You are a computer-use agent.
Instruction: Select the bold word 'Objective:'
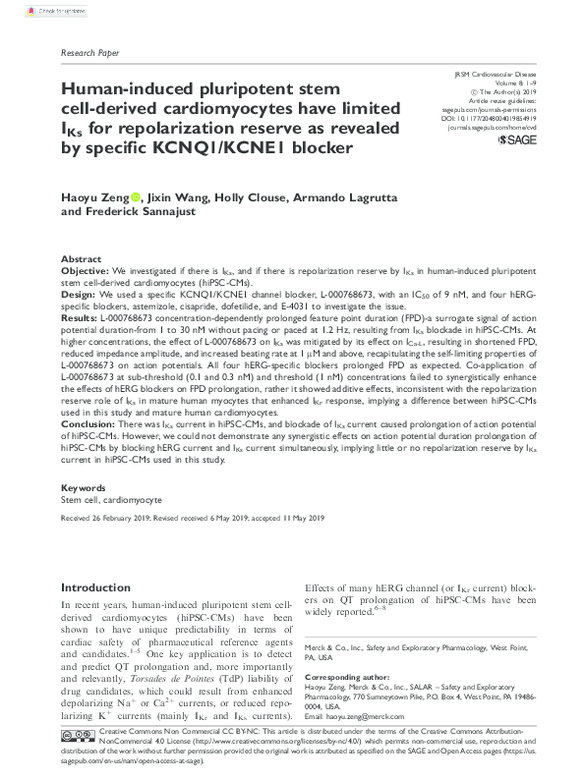point(85,269)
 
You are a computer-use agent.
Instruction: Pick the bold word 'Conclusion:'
point(89,420)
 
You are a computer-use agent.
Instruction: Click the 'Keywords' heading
point(84,487)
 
